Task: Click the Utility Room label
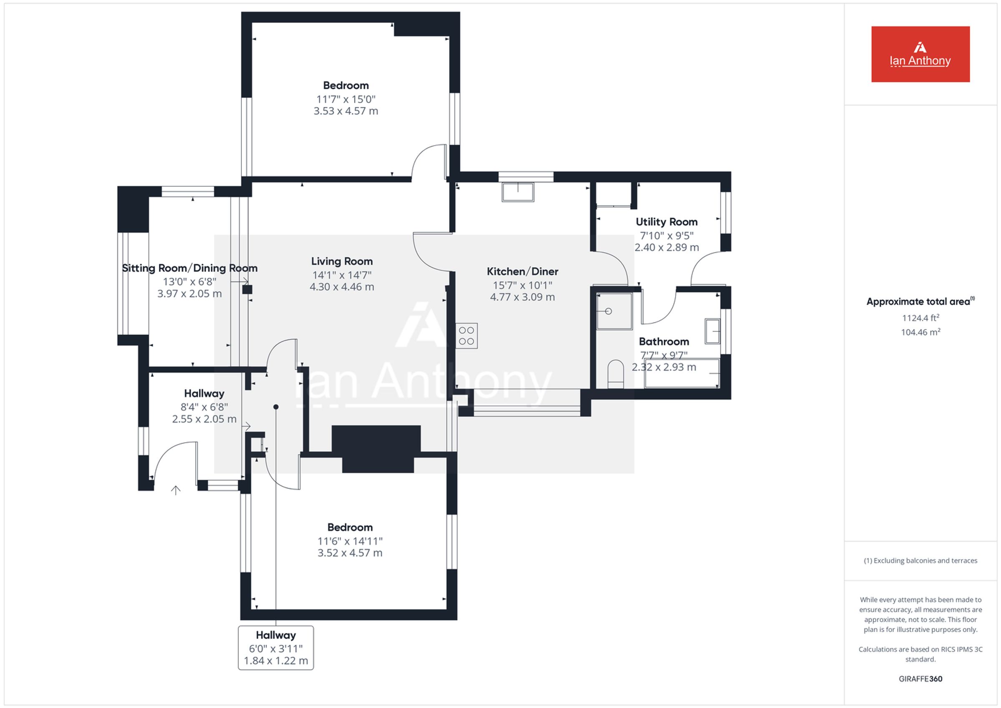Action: point(666,222)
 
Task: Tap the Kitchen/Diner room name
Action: point(522,271)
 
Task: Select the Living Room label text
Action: point(342,261)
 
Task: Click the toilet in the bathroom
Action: point(616,374)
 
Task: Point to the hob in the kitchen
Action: point(466,336)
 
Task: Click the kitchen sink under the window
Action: point(518,192)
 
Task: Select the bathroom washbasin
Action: point(712,331)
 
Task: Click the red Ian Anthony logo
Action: point(921,54)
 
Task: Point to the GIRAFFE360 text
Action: point(921,679)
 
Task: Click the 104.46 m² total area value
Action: point(921,332)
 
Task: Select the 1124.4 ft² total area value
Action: point(921,318)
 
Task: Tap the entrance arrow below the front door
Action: point(176,490)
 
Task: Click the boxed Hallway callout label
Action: point(276,648)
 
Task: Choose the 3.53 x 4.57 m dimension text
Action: point(346,111)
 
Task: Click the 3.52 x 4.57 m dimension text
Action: point(350,553)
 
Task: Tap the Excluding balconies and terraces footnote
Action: point(921,561)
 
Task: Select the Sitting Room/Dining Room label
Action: point(190,268)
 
